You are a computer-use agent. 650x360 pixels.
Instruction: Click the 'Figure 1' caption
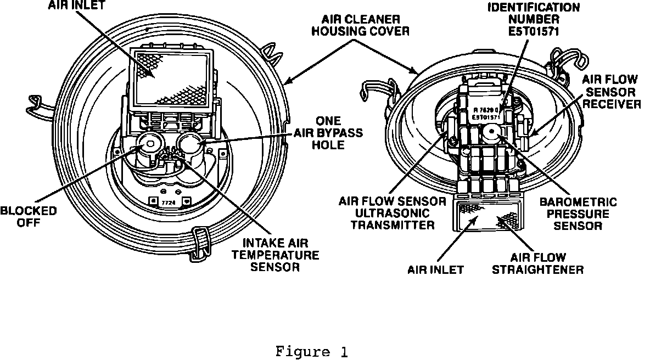point(311,351)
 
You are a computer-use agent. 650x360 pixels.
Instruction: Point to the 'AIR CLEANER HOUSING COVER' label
point(360,25)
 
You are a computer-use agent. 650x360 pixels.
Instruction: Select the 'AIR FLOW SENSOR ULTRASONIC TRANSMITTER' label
point(388,213)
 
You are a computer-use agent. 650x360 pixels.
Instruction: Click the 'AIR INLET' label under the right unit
point(436,269)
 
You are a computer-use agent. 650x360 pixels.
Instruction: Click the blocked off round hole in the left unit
point(148,144)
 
